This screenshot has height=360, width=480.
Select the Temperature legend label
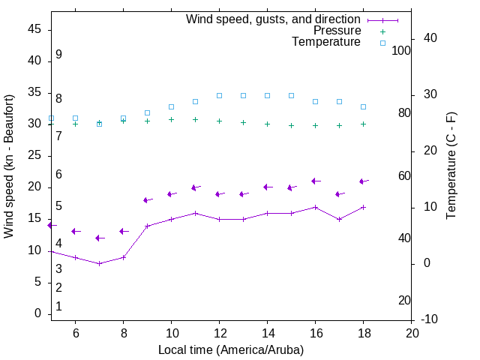[326, 42]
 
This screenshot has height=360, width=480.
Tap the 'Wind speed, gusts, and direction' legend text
[274, 19]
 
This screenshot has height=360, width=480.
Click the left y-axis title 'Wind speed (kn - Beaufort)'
[9, 166]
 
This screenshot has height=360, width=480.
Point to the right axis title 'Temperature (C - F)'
[451, 165]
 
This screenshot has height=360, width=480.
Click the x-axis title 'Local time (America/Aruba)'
[231, 349]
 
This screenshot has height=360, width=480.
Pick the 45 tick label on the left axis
[34, 29]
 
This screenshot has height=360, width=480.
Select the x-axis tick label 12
[219, 332]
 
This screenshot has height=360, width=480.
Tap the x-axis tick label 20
[411, 332]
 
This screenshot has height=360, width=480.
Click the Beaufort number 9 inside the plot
[58, 55]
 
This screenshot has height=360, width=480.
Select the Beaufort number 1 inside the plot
[58, 307]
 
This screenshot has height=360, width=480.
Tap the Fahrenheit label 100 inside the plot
[401, 50]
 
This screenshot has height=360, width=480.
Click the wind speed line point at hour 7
[99, 263]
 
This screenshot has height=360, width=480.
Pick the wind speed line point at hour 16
[315, 207]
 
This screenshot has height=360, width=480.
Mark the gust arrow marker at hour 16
[315, 181]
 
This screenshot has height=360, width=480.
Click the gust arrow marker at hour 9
[147, 200]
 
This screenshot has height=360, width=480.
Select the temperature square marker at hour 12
[219, 95]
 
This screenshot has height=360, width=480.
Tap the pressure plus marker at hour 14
[267, 124]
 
